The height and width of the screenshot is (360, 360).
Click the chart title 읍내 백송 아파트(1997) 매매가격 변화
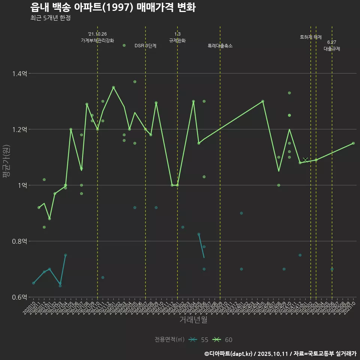click(112, 8)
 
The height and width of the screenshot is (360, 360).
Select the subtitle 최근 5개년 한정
click(50, 18)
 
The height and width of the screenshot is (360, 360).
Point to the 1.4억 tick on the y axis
click(19, 73)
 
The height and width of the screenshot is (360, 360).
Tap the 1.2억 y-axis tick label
click(19, 129)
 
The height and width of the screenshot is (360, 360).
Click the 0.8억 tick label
click(19, 241)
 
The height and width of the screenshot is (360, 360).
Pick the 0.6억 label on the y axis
click(19, 297)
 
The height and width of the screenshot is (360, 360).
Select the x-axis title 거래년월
click(193, 320)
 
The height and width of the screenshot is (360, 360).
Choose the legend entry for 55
click(198, 340)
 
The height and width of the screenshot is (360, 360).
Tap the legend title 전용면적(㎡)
click(169, 340)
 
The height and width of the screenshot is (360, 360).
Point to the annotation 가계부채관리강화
click(97, 40)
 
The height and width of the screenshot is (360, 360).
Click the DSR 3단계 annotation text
click(145, 46)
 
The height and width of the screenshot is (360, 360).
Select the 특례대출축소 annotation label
click(220, 46)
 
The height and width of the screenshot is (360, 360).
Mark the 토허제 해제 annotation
click(311, 37)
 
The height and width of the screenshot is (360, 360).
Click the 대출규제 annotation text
click(332, 49)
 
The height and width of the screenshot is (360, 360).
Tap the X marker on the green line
click(305, 160)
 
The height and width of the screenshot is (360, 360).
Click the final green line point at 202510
click(353, 143)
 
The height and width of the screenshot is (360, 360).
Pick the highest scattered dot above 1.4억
click(124, 45)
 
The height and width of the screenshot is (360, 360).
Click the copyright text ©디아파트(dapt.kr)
click(229, 354)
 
